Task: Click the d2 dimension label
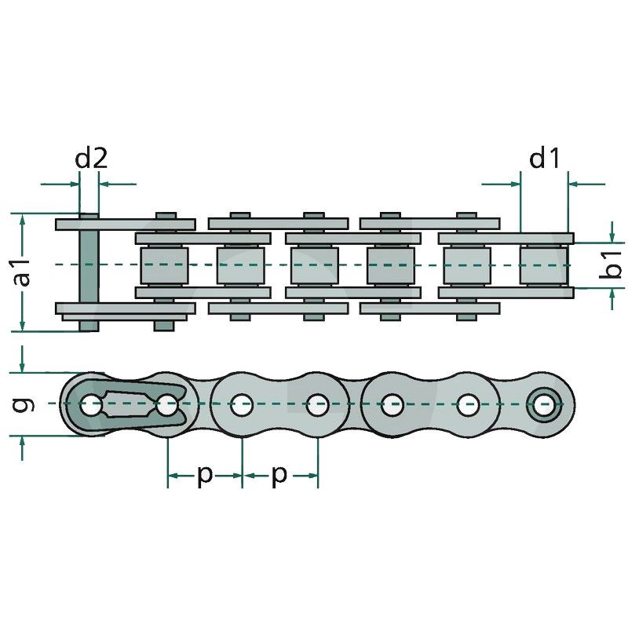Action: (90, 159)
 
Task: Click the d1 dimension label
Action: (544, 159)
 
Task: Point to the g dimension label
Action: (24, 404)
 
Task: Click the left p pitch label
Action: (204, 475)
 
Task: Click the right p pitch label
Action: (279, 475)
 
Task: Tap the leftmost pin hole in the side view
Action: (90, 407)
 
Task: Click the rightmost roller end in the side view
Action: (543, 406)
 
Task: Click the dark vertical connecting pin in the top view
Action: (89, 271)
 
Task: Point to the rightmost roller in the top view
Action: (543, 265)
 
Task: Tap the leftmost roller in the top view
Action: (165, 265)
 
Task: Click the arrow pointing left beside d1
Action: (581, 184)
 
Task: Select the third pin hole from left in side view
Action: (241, 407)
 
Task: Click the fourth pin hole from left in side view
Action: (317, 407)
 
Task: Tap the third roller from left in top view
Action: (314, 265)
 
